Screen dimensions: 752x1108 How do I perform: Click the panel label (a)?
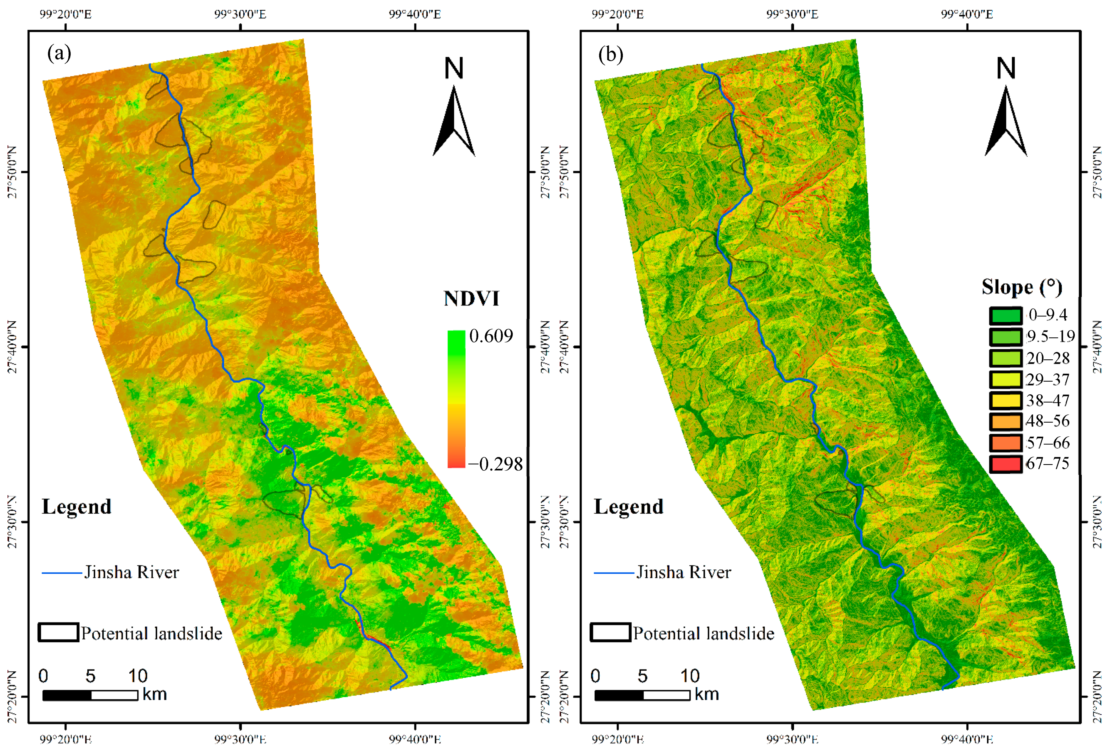pyautogui.click(x=59, y=53)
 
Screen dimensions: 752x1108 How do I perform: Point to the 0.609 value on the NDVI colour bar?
pyautogui.click(x=491, y=336)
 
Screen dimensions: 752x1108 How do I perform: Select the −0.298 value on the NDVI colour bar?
pyautogui.click(x=496, y=464)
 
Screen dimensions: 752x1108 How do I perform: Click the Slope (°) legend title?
pyautogui.click(x=1022, y=287)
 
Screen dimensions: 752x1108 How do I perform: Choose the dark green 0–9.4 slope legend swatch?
pyautogui.click(x=1006, y=315)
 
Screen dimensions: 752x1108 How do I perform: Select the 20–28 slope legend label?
pyautogui.click(x=1048, y=358)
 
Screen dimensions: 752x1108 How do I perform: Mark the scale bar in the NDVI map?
pyautogui.click(x=91, y=695)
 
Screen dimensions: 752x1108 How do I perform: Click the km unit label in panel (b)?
pyautogui.click(x=706, y=694)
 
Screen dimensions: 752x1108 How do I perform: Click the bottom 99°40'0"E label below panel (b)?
pyautogui.click(x=967, y=740)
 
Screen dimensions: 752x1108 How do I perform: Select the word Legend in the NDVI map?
pyautogui.click(x=77, y=507)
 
